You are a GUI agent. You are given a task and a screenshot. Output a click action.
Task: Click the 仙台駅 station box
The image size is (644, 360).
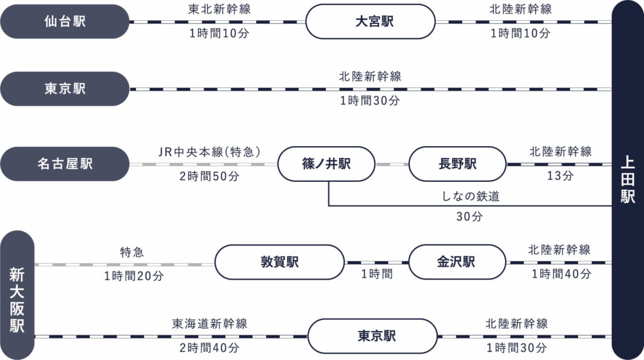[x=65, y=21]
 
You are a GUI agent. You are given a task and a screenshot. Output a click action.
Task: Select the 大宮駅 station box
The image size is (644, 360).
[x=370, y=21]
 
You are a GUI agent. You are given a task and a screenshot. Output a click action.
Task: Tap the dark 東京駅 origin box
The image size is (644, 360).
[x=65, y=89]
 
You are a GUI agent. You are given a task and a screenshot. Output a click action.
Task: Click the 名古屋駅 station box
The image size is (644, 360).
[x=65, y=164]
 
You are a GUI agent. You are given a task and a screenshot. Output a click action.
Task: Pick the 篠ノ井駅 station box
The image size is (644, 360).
[x=326, y=164]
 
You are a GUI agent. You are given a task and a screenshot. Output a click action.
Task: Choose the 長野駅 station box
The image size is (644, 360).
[x=457, y=164]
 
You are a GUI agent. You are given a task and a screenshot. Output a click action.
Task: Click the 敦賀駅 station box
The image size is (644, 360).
[x=279, y=262]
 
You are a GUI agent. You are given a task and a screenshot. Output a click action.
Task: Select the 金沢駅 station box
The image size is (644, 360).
[x=457, y=262]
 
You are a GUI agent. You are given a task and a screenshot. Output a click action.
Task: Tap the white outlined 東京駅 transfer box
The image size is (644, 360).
[x=372, y=335]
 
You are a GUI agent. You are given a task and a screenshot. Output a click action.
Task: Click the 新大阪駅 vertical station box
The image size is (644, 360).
[x=17, y=295]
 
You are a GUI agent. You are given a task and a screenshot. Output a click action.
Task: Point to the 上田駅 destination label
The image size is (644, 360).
[x=627, y=179]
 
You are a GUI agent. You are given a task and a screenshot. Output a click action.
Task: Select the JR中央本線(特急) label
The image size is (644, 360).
[x=209, y=152]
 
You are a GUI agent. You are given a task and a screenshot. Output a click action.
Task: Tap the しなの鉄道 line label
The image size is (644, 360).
[x=470, y=197]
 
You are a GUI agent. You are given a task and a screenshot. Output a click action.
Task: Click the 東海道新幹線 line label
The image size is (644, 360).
[x=209, y=323]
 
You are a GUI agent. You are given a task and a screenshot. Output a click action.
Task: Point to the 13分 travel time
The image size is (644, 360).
[x=560, y=177]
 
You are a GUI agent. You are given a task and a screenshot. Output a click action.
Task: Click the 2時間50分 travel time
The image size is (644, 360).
[x=209, y=177]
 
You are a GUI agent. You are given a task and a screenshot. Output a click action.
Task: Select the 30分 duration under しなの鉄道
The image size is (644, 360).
[x=469, y=217]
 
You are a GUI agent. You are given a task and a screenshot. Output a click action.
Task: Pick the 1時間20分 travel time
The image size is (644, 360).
[x=134, y=276]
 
